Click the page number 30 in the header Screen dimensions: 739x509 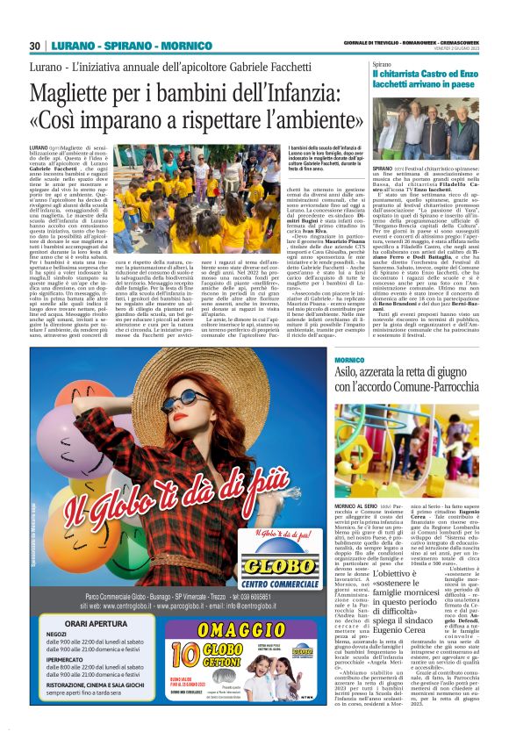tap(35, 46)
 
